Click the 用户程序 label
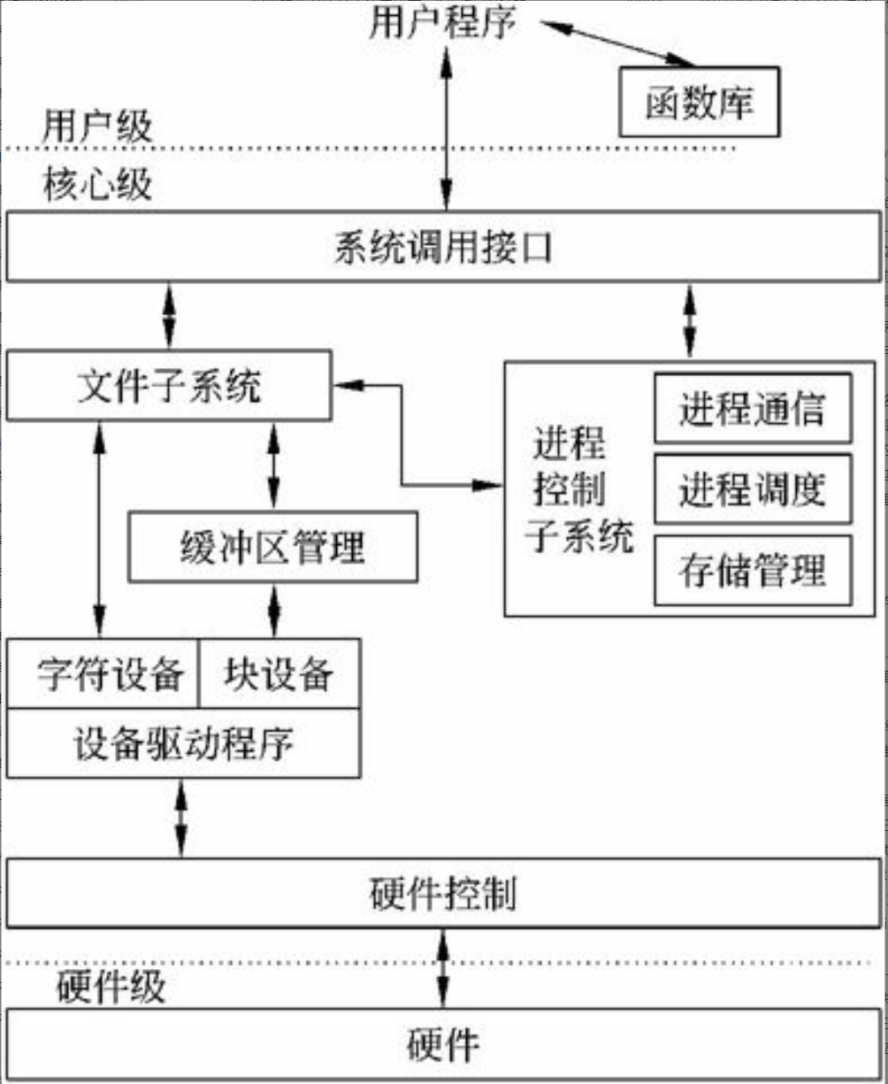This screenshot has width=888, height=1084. click(442, 23)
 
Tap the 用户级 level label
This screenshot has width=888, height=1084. click(97, 127)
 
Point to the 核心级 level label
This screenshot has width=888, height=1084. click(97, 186)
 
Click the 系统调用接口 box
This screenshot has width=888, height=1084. click(443, 248)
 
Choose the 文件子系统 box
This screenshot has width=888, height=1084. click(169, 385)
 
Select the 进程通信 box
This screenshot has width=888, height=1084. click(753, 409)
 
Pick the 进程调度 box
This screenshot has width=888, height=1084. click(753, 488)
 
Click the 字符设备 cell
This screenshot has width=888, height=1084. click(103, 674)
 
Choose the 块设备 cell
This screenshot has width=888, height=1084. click(279, 674)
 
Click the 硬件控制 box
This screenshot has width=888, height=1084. click(443, 895)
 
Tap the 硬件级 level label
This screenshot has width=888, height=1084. click(111, 986)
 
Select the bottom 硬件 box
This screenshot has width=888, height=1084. click(443, 1044)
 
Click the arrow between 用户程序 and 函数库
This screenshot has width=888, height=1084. click(618, 43)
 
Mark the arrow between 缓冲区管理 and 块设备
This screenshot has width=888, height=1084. click(273, 610)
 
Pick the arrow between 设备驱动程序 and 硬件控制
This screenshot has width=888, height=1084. click(181, 818)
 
